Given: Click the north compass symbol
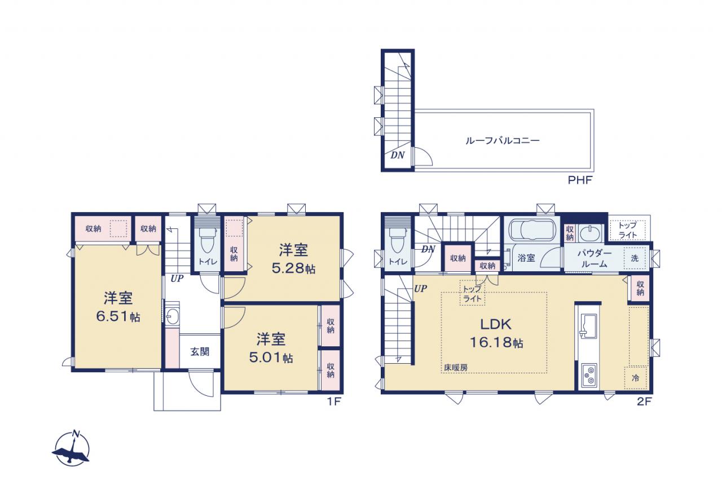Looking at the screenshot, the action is click(71, 448).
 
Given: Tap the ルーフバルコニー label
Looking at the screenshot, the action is click(502, 141).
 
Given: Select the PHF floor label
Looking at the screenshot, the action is click(580, 180).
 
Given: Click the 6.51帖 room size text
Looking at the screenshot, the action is click(118, 316).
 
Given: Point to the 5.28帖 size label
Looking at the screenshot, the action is click(293, 268).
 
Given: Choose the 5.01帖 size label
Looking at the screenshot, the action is click(271, 358).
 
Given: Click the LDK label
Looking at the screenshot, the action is click(496, 324).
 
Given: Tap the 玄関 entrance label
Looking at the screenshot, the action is click(200, 351).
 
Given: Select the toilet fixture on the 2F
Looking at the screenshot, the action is click(397, 241).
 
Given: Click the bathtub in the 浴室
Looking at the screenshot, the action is click(531, 230).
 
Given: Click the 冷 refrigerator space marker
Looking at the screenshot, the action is click(635, 378).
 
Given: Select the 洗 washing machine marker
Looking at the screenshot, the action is click(635, 258).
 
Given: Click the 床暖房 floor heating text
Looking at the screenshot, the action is click(455, 367).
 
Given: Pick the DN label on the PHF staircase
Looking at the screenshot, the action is click(398, 155).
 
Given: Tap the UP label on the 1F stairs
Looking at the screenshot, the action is click(177, 279).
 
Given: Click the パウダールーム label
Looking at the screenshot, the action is click(594, 258).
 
